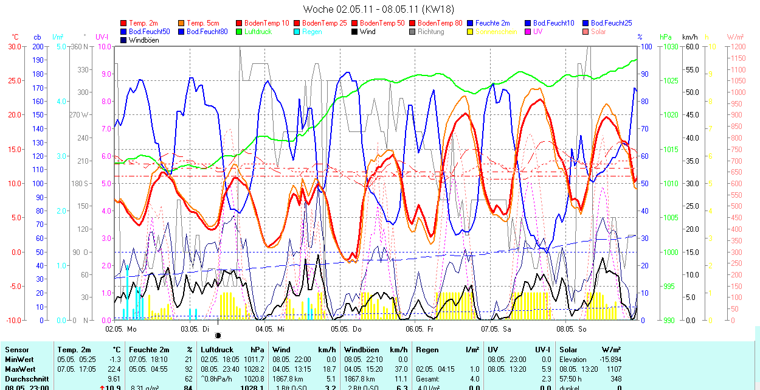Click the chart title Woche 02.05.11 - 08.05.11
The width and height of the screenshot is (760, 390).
(x=378, y=9)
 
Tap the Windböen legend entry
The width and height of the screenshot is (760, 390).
(x=142, y=40)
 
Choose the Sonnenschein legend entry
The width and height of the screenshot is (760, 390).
(x=496, y=32)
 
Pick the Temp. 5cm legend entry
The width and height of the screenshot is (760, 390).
(x=204, y=23)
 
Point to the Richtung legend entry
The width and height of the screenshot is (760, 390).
(x=431, y=32)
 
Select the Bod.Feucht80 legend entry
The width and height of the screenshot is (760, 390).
(x=207, y=32)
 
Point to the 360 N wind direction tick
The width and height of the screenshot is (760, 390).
(x=80, y=47)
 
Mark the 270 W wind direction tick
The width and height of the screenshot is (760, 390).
(x=79, y=115)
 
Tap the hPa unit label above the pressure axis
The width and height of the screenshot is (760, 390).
(x=666, y=37)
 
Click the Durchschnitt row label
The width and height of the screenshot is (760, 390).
(x=24, y=378)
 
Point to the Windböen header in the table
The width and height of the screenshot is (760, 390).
(x=360, y=350)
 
